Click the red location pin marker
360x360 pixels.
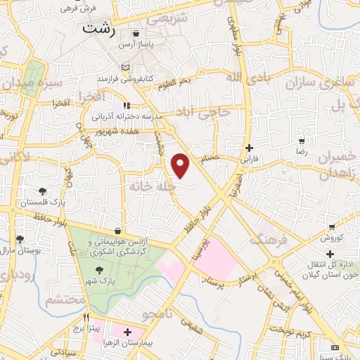[x=181, y=165]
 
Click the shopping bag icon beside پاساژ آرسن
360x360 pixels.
[x=136, y=33]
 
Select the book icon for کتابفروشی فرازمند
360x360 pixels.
[x=126, y=67]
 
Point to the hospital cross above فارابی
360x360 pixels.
[x=250, y=148]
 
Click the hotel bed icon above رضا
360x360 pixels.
[x=301, y=141]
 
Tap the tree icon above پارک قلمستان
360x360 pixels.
[x=44, y=191]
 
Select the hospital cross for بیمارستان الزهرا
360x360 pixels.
[x=127, y=332]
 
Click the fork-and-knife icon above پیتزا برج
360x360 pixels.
[x=88, y=318]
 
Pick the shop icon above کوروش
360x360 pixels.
[x=331, y=227]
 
